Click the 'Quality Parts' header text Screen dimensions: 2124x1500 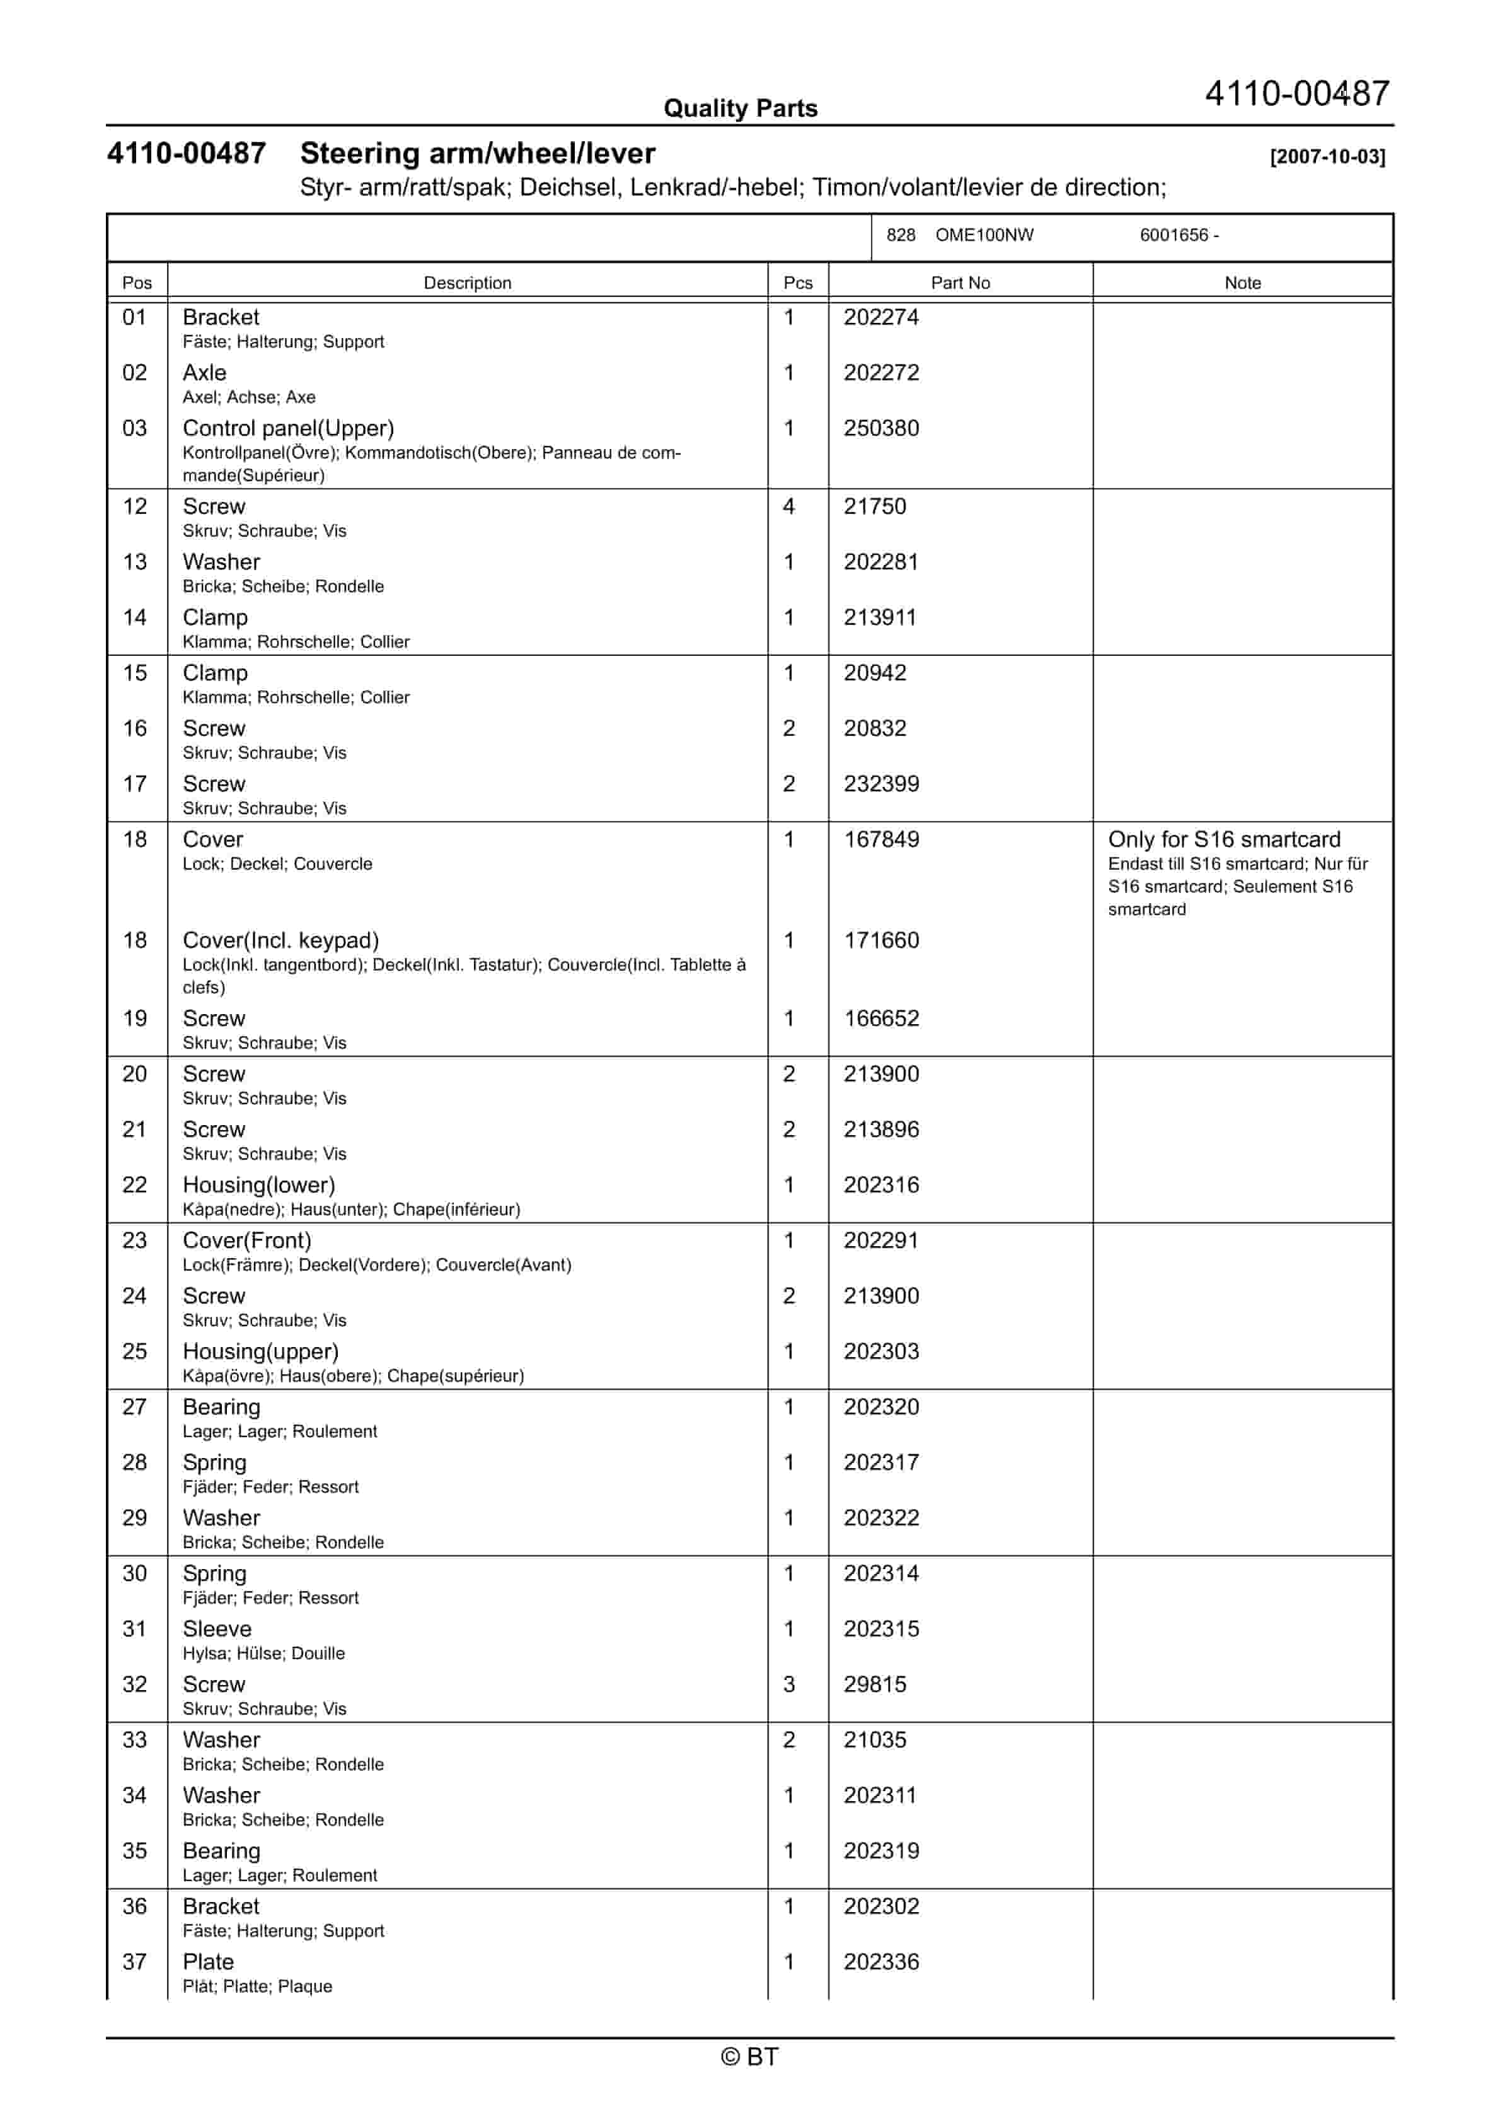point(740,108)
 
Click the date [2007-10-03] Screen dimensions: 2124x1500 point(1327,156)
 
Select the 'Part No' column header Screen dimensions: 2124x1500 point(960,283)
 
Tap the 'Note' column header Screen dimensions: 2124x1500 point(1242,283)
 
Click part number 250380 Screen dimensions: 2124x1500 point(880,428)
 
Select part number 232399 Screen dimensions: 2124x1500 point(880,783)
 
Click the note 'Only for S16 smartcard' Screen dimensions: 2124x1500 point(1223,839)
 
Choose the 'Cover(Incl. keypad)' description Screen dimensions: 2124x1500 point(280,940)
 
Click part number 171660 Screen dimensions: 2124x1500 point(880,940)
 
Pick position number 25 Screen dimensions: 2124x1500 point(135,1351)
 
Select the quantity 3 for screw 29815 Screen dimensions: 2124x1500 point(789,1684)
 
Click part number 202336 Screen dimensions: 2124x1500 point(880,1962)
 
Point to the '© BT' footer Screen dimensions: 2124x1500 point(749,2057)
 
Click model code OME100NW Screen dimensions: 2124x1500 point(984,235)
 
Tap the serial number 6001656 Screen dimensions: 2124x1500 point(1173,235)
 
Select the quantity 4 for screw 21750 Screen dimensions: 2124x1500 point(789,506)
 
